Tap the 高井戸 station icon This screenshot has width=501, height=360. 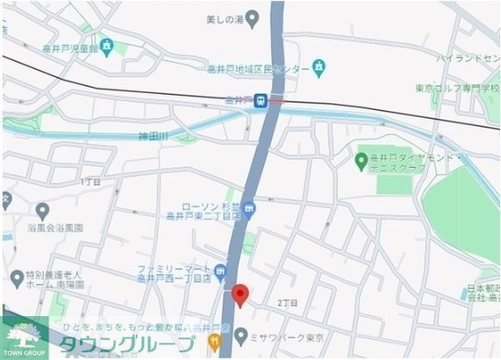259,101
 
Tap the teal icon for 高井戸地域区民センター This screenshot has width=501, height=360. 320,65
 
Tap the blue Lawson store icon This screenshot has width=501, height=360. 249,207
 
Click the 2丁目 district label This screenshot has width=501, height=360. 288,302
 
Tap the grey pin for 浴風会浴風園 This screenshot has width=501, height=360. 42,209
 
